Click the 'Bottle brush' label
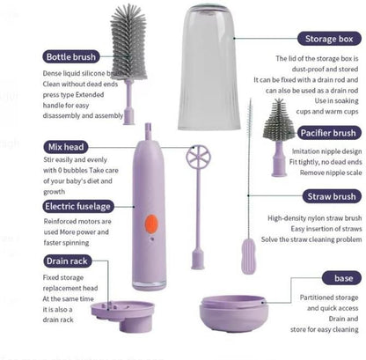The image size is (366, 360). click(x=71, y=56)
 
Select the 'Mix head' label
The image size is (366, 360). click(x=66, y=146)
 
